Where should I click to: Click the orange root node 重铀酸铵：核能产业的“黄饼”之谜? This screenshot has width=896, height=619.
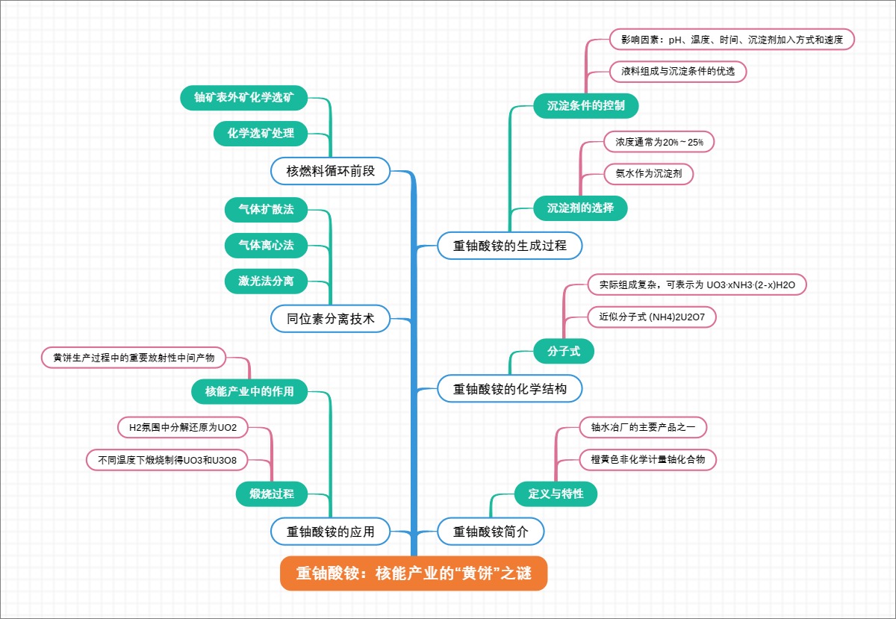[x=414, y=573]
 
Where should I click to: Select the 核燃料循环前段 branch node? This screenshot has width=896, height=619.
[x=331, y=171]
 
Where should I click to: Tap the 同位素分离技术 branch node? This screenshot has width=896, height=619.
[x=331, y=319]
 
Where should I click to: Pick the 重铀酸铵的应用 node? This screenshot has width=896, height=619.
[x=331, y=532]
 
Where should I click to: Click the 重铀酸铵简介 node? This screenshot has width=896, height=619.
[x=491, y=532]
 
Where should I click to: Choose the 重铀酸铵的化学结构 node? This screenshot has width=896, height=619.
[x=509, y=388]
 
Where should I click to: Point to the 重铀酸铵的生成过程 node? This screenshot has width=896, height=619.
[x=509, y=245]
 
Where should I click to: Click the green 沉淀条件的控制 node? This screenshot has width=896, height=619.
[x=585, y=105]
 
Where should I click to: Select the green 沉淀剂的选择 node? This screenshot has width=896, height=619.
[x=580, y=208]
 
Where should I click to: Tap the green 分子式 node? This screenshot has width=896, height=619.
[x=564, y=351]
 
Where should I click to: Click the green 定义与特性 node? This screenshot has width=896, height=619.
[x=556, y=494]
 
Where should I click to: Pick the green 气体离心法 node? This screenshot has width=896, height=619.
[x=266, y=244]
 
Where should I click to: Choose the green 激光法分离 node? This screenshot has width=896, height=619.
[x=266, y=281]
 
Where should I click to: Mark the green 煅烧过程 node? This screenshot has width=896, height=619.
[x=266, y=494]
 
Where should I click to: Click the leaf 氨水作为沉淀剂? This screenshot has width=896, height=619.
[x=648, y=173]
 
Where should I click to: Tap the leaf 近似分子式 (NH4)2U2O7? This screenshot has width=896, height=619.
[x=652, y=317]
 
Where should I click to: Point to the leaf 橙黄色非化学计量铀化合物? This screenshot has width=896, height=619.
[x=647, y=459]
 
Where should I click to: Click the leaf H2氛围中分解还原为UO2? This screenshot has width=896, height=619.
[x=182, y=427]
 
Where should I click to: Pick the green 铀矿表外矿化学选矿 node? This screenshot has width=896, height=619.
[x=244, y=97]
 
